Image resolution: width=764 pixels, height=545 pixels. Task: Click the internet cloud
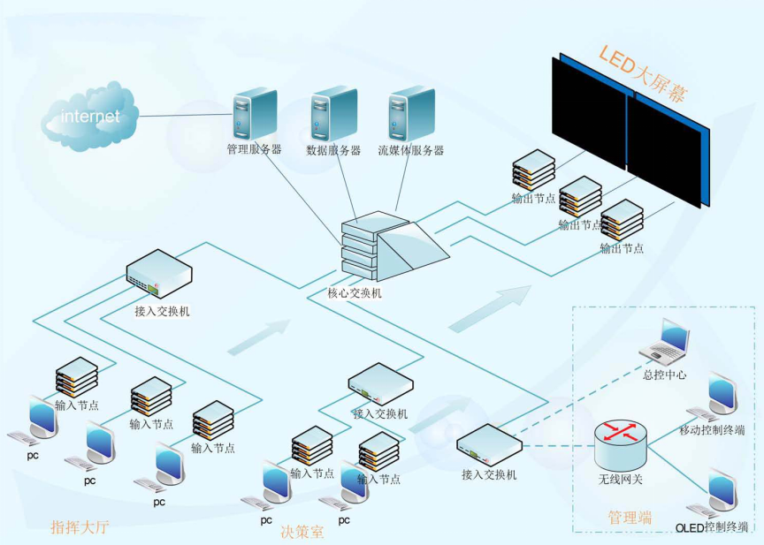90,116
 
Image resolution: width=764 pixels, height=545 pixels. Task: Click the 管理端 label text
630,518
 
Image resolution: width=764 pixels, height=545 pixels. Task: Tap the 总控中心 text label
665,375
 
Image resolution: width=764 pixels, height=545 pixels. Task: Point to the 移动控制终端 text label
712,430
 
